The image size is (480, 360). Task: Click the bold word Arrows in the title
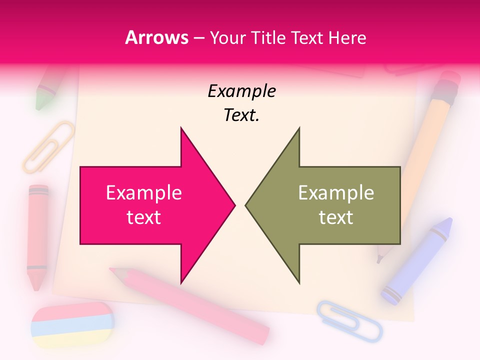coord(156,37)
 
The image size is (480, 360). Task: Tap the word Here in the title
coord(347,37)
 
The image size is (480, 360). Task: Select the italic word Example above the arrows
coord(241,91)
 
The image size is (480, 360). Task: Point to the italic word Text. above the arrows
coord(241,115)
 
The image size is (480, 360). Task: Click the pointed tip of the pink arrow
coord(234,204)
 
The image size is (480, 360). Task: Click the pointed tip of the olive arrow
coord(246,204)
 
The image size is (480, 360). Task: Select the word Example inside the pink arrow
coord(144,192)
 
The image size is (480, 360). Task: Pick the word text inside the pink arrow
coord(144,217)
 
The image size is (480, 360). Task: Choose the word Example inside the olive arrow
coord(336,192)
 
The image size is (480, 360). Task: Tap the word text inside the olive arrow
coord(336,217)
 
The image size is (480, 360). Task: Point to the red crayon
coord(37,235)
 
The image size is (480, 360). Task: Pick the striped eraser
coord(72,325)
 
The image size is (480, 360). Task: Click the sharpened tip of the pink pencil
coord(114,271)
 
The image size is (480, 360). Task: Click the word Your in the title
coord(228,37)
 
